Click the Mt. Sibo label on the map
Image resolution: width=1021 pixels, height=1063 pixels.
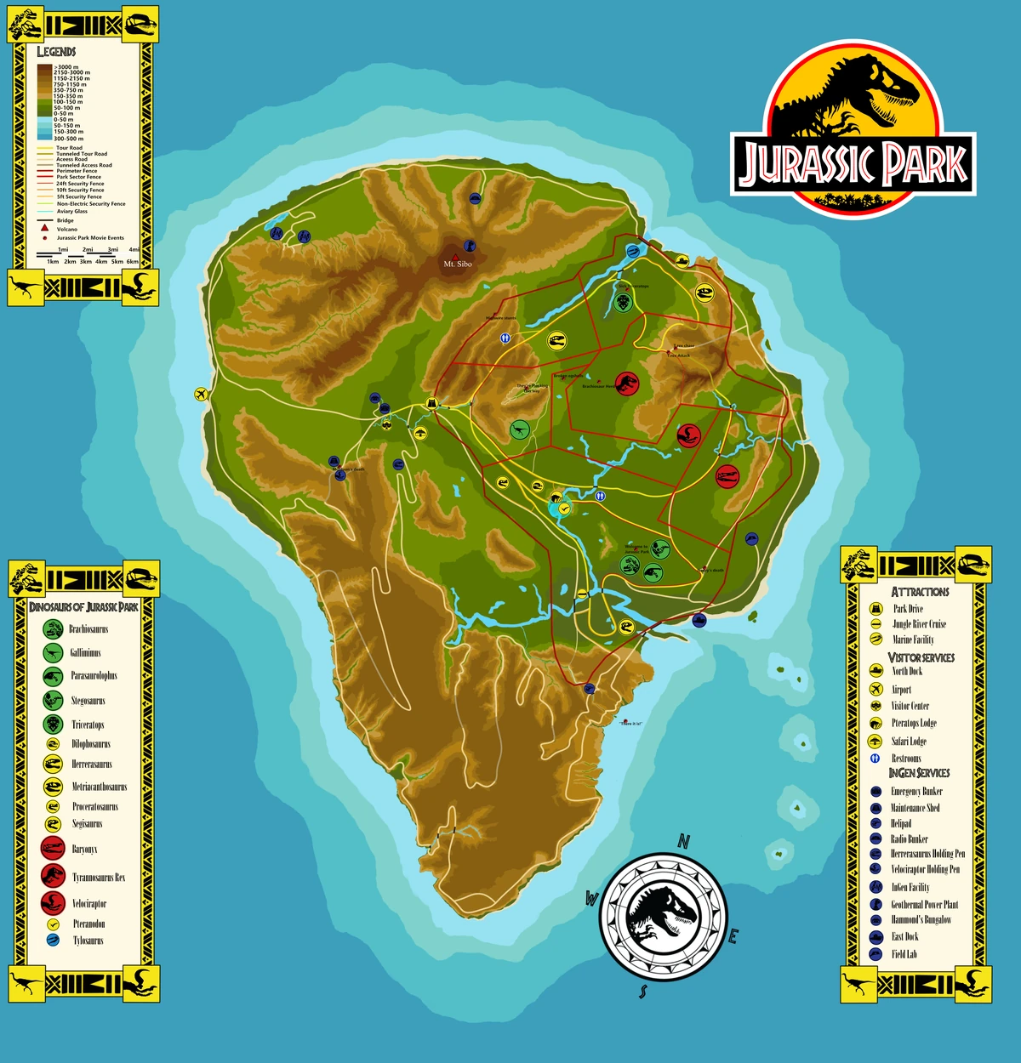(x=457, y=264)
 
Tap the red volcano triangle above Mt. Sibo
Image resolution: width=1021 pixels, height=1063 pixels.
(x=455, y=256)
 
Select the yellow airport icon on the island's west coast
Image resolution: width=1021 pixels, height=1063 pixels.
(x=201, y=394)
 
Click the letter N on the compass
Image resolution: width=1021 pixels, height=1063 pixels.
(x=683, y=841)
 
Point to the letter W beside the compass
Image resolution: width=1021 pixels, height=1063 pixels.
(x=591, y=898)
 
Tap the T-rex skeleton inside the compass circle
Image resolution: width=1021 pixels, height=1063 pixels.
(x=663, y=916)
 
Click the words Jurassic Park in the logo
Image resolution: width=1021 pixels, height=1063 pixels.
(x=853, y=164)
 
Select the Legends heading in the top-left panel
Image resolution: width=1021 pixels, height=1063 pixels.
(x=56, y=52)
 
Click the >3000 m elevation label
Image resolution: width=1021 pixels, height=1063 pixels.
(x=66, y=67)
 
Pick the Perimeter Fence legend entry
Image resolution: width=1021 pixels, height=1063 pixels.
(x=77, y=171)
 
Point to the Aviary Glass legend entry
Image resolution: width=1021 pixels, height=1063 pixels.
(x=71, y=211)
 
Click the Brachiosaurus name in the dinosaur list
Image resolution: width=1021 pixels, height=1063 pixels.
(x=88, y=629)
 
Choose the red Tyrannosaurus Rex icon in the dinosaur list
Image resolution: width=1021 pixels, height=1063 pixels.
(x=53, y=876)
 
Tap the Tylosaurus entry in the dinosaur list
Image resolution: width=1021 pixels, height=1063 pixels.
(x=88, y=941)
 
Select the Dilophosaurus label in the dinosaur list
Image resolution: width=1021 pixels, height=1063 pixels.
(x=91, y=744)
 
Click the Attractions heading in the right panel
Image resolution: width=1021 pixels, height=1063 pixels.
(x=920, y=592)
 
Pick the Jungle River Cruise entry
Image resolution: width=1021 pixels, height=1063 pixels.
(x=919, y=624)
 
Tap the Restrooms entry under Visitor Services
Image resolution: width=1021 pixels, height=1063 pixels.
(x=906, y=758)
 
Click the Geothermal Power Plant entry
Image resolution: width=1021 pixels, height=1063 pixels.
(x=924, y=905)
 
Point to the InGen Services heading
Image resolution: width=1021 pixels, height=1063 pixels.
(x=919, y=773)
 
